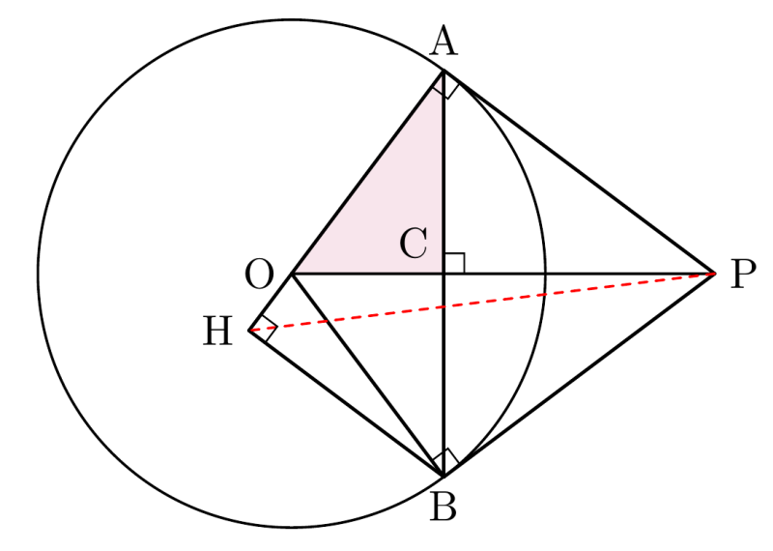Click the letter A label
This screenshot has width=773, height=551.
[x=444, y=41]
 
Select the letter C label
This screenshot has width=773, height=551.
[x=414, y=244]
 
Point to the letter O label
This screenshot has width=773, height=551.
[x=259, y=275]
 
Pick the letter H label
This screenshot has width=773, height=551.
[x=217, y=331]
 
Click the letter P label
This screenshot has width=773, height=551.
[x=743, y=275]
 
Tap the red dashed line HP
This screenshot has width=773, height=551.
[x=481, y=302]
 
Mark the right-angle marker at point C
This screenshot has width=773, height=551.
[x=454, y=263]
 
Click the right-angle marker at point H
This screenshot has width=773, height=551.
[x=263, y=328]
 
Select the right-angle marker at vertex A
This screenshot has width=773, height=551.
[x=445, y=85]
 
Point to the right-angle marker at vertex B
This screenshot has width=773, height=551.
[x=445, y=463]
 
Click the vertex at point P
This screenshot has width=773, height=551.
[x=715, y=273]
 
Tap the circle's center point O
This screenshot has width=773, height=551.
[x=293, y=274]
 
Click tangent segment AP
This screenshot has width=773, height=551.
[x=580, y=172]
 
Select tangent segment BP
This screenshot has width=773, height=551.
[x=580, y=374]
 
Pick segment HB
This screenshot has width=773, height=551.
[x=346, y=403]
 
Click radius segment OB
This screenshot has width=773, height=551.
[x=368, y=375]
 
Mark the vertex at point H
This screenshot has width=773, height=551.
[x=249, y=331]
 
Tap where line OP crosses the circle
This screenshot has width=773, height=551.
[x=545, y=274]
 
